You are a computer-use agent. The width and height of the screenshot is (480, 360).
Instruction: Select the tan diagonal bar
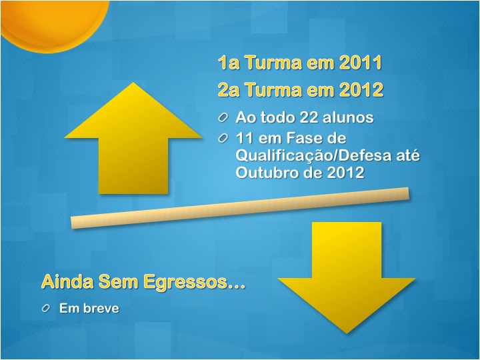coord(240,208)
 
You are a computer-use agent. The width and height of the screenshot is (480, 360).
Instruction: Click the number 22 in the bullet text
coord(308,117)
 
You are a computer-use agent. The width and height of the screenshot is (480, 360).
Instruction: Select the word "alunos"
coord(346,117)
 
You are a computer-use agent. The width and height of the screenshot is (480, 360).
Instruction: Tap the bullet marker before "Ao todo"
coord(223,117)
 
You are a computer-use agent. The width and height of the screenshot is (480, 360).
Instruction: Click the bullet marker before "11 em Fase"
coord(223,139)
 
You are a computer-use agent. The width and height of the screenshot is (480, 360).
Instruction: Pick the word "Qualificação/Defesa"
coord(314,155)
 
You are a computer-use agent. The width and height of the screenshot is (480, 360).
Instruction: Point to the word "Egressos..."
coord(195,282)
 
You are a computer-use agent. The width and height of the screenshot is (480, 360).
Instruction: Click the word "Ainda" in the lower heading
coord(67,281)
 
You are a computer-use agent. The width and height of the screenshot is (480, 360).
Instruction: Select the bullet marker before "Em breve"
coord(45,308)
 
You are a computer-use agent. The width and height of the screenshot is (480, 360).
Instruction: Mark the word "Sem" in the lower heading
coord(118,281)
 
